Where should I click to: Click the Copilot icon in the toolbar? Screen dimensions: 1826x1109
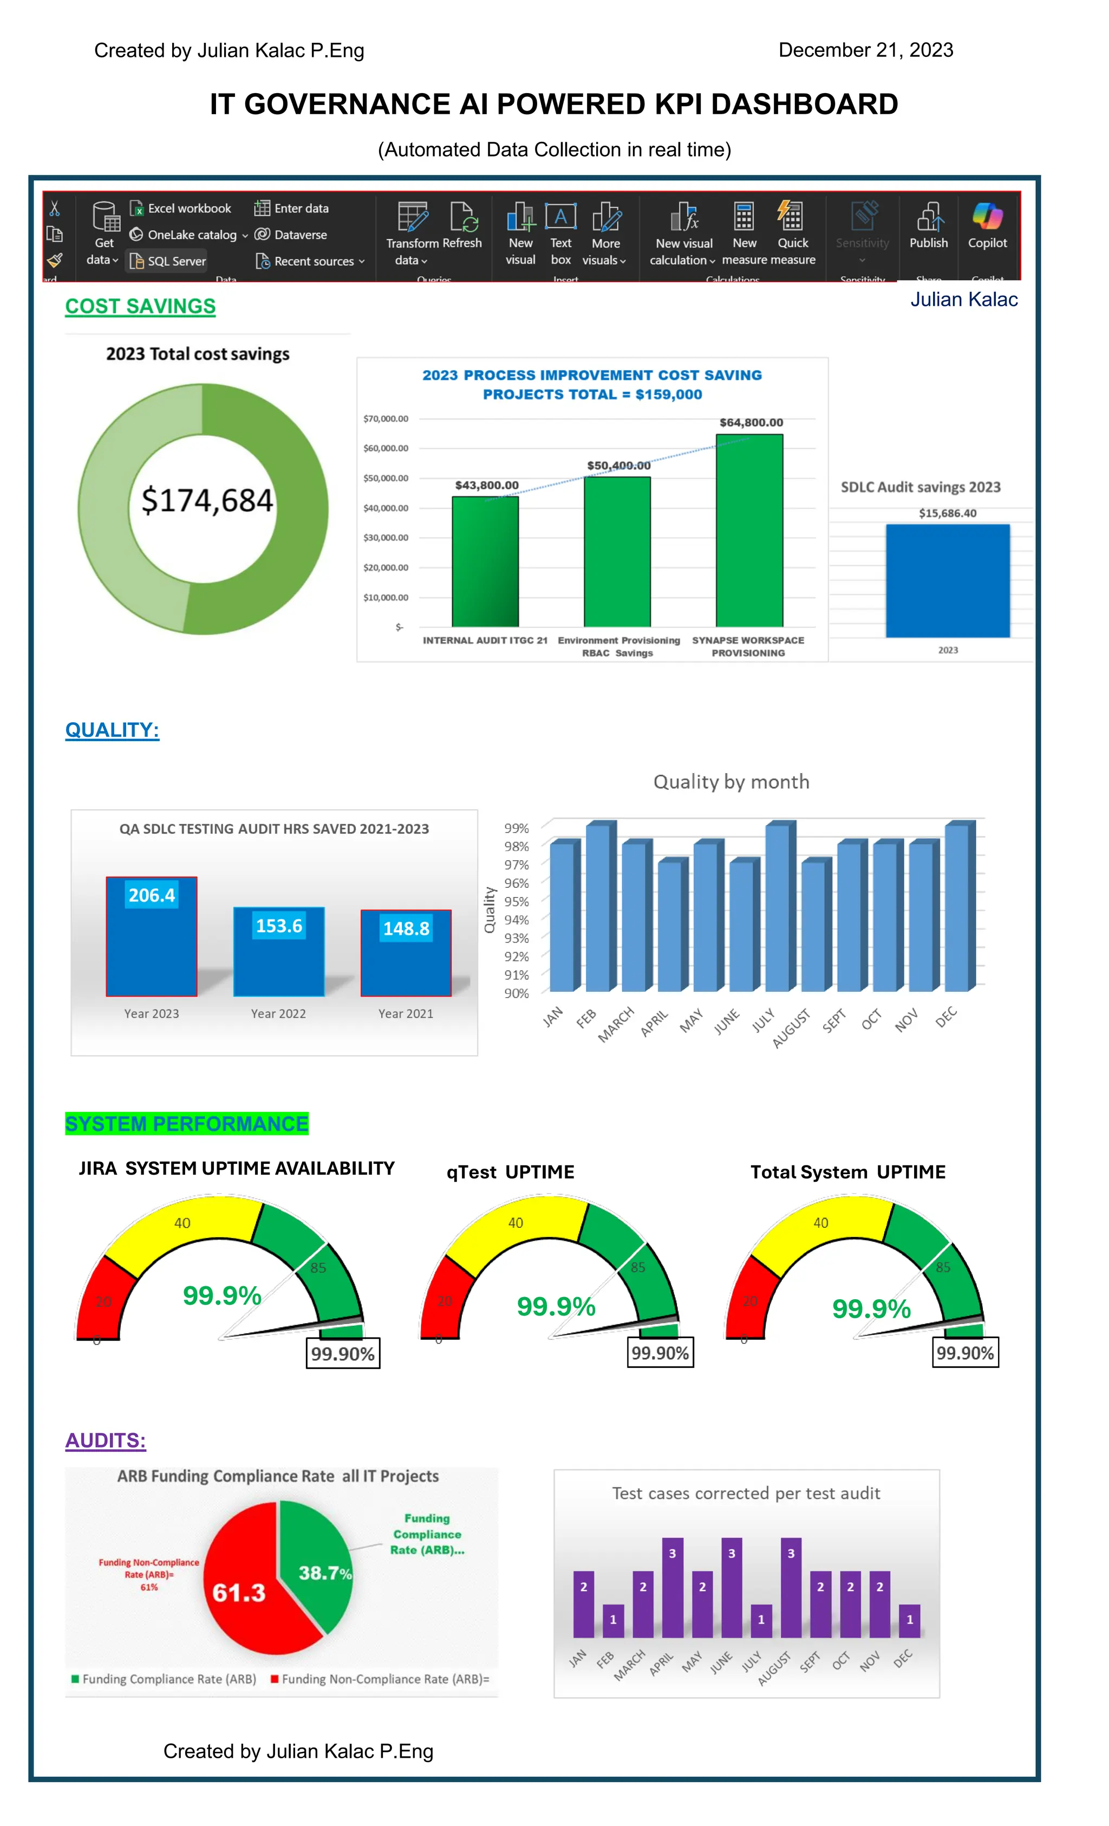click(x=987, y=217)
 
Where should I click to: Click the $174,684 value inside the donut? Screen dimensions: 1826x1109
click(x=207, y=501)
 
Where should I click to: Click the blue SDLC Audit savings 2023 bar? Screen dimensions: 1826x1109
click(x=948, y=581)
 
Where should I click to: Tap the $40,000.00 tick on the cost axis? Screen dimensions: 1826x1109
click(x=386, y=508)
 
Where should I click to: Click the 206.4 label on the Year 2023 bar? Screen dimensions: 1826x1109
click(x=152, y=895)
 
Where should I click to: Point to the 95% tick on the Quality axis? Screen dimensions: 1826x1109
click(x=516, y=902)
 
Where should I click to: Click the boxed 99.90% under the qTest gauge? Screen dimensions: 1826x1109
click(x=660, y=1352)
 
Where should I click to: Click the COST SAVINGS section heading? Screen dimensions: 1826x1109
click(x=140, y=306)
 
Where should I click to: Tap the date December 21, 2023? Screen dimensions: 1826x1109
click(x=865, y=50)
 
